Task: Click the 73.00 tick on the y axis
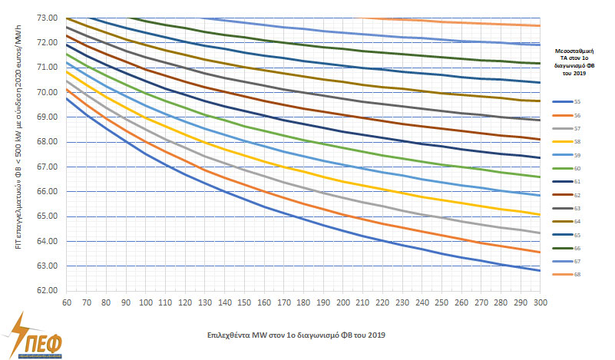click(48, 18)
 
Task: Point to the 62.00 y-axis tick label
click(48, 291)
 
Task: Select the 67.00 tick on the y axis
click(48, 167)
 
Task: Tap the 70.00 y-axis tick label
click(48, 92)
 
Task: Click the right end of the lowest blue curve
click(540, 270)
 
